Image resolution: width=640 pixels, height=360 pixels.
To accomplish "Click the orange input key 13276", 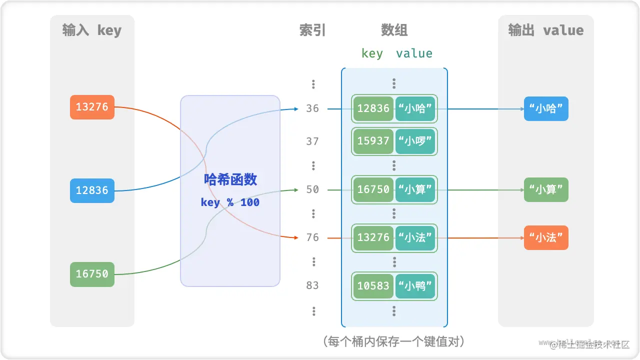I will click(x=92, y=107).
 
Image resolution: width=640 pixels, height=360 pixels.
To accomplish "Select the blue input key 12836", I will click(x=92, y=190).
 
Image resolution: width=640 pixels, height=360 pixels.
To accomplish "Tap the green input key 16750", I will click(x=92, y=274).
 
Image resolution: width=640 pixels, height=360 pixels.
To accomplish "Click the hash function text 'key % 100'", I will click(x=230, y=202).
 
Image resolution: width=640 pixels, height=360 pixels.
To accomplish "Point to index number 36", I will click(x=312, y=108).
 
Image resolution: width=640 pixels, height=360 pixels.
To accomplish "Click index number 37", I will click(x=312, y=141).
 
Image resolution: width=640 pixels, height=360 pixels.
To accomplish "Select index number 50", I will click(x=312, y=189).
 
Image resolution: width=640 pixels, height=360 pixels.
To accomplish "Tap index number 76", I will click(x=312, y=237).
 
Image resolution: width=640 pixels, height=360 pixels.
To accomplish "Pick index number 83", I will click(x=312, y=285).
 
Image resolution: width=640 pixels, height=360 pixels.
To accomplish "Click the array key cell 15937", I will click(x=373, y=141).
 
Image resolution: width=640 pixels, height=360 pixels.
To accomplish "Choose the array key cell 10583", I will click(x=373, y=286).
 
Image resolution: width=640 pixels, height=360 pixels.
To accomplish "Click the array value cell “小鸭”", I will click(x=415, y=286).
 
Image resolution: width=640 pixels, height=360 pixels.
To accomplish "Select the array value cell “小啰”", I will click(x=415, y=141).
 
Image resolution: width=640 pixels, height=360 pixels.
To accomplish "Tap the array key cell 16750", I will click(x=373, y=189).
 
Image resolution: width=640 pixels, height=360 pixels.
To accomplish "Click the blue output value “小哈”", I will click(x=546, y=108).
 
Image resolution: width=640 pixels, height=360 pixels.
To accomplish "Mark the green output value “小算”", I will click(x=546, y=189).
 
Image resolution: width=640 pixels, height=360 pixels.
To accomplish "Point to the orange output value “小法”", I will click(x=546, y=237).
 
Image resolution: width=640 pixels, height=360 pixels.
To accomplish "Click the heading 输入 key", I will click(x=92, y=30).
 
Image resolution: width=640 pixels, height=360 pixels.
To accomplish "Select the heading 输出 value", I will click(x=545, y=30).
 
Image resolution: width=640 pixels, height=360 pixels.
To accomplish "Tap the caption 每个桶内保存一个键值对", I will click(x=394, y=341).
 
